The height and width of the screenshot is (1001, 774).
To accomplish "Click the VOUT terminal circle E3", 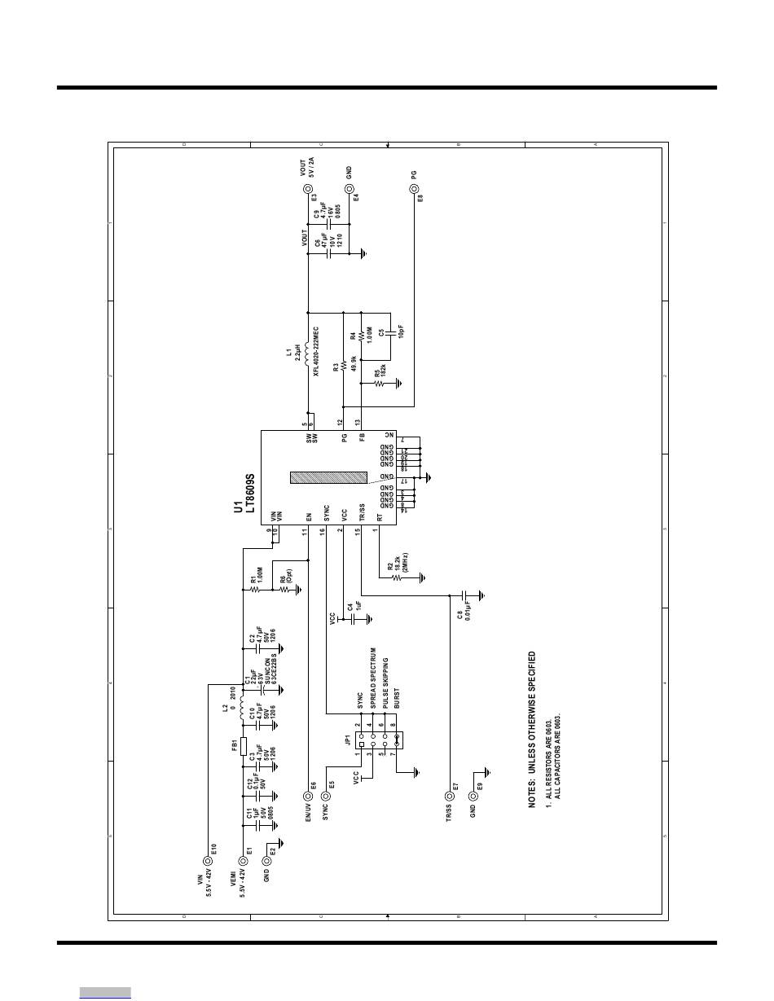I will click(308, 189).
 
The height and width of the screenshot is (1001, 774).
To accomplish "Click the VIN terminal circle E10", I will click(209, 860).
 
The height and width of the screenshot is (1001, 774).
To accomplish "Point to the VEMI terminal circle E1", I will click(242, 860).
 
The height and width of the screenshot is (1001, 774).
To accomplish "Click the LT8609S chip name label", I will click(251, 494).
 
